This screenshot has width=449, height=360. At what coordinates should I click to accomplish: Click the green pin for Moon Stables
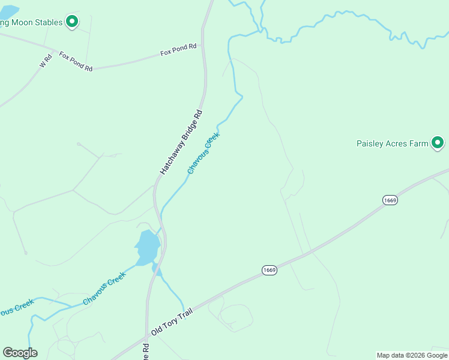(x=72, y=22)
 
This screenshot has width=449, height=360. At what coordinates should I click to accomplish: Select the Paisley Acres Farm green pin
(x=438, y=142)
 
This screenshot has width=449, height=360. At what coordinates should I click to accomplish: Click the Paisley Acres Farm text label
(x=393, y=143)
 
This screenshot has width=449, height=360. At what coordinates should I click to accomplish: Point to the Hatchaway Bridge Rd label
(x=181, y=143)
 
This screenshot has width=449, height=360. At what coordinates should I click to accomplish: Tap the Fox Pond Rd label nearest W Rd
(x=76, y=61)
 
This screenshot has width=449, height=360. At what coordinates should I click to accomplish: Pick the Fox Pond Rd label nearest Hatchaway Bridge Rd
(x=178, y=49)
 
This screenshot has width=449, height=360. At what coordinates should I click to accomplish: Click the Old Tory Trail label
(x=174, y=320)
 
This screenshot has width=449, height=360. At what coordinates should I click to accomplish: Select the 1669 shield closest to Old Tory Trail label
(x=269, y=271)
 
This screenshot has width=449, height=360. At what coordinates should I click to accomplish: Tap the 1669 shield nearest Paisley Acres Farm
(x=390, y=200)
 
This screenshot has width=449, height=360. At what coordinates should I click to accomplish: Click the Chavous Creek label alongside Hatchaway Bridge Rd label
(x=203, y=153)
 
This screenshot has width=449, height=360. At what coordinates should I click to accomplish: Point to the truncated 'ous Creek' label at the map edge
(x=15, y=309)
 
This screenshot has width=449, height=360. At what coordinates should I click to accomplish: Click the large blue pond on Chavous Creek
(x=147, y=247)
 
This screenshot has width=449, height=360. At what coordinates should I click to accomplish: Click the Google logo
(x=20, y=353)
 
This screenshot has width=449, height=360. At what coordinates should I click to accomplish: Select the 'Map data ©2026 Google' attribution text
(x=412, y=355)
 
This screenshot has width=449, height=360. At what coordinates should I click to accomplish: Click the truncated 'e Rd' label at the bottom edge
(x=146, y=351)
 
